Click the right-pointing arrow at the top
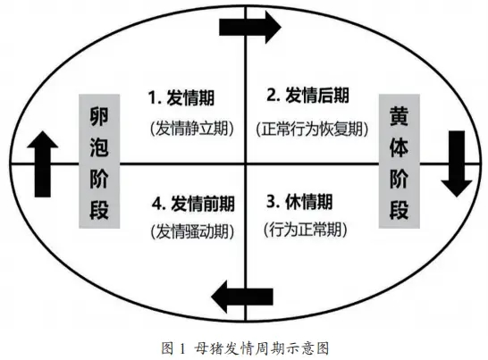coord(250,27)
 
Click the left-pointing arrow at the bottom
coord(242,297)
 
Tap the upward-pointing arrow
coord(43,164)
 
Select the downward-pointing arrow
coord(457,164)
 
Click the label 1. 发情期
coord(181,97)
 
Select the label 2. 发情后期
coord(307,95)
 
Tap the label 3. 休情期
coord(299,202)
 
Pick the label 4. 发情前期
coord(193,204)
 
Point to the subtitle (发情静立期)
coord(192,128)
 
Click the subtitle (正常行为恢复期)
coord(312,129)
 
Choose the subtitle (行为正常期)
coord(306,230)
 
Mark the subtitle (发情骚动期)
coord(192,231)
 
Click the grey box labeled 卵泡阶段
coord(99,161)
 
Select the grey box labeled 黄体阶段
coord(399,161)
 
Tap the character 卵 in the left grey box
coord(99,116)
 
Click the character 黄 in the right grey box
coord(399,116)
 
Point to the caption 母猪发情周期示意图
coord(262,347)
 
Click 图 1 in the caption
coord(173,347)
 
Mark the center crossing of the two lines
coord(246,163)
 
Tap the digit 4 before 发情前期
coord(157,204)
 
